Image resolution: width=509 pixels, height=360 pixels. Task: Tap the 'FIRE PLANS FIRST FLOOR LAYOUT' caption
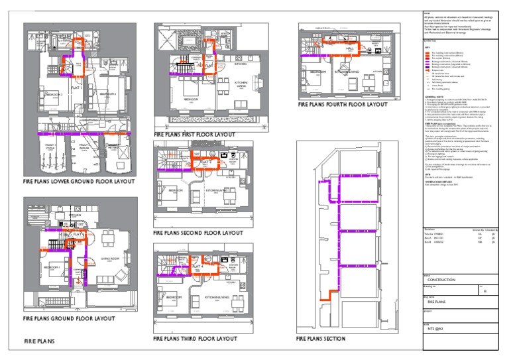[194, 135]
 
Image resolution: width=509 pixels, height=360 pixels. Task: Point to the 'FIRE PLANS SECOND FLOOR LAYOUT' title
[197, 233]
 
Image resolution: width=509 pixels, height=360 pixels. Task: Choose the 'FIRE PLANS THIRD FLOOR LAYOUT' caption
[195, 338]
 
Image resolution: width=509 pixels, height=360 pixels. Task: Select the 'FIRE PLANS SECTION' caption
[321, 339]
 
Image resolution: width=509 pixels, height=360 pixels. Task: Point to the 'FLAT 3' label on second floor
[206, 161]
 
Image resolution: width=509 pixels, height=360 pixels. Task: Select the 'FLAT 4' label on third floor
[197, 266]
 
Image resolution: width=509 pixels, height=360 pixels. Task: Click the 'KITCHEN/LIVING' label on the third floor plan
[217, 298]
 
